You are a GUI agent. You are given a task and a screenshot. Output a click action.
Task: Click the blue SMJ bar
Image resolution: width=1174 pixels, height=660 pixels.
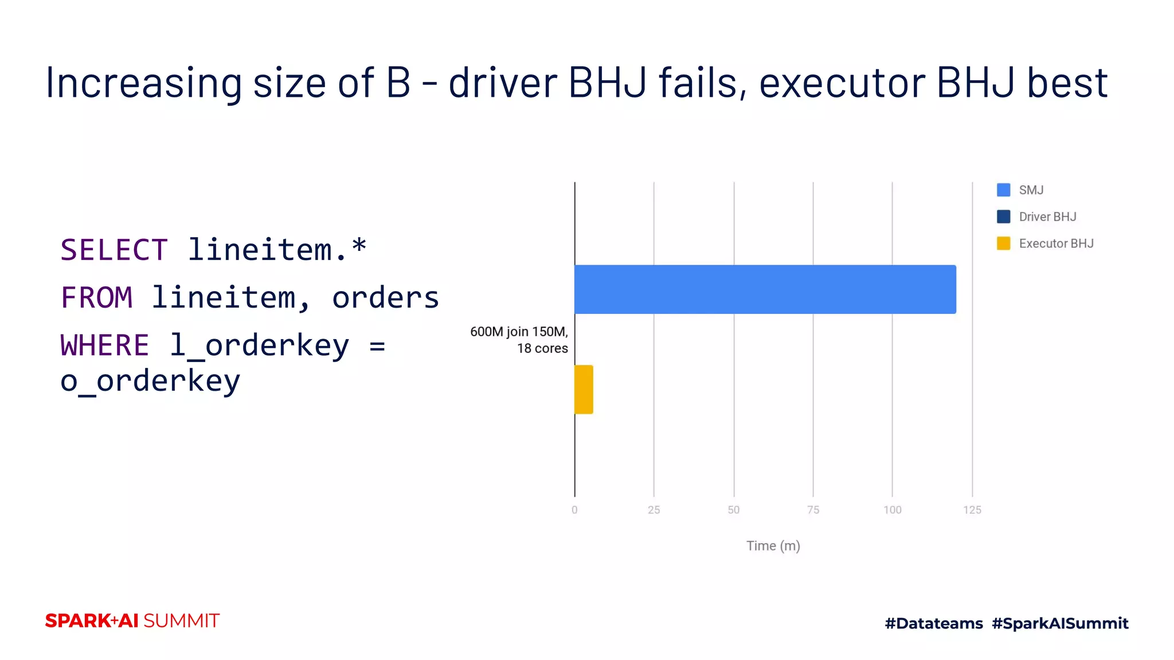point(765,289)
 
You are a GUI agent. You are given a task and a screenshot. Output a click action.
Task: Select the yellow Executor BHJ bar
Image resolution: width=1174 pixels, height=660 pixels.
point(584,390)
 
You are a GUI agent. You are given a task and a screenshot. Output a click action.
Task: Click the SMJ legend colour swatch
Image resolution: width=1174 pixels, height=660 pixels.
point(1003,190)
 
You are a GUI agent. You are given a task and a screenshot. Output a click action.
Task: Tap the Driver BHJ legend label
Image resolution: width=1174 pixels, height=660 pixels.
point(1047,217)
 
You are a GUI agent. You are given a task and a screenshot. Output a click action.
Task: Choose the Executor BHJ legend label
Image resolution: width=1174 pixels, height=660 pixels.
point(1056,244)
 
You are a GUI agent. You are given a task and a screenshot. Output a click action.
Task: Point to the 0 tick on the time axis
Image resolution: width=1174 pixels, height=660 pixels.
point(574,510)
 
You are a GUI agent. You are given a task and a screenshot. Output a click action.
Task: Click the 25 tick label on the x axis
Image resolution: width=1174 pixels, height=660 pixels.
point(653,510)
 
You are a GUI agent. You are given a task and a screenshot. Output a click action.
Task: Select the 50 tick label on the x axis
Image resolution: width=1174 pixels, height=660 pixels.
point(733,510)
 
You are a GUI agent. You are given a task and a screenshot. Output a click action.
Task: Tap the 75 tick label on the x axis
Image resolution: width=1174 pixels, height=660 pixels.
point(813,510)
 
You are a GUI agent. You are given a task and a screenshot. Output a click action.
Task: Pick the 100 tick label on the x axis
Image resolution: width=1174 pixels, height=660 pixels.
point(892,510)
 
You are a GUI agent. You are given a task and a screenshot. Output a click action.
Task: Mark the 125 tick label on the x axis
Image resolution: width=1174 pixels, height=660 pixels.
point(972,510)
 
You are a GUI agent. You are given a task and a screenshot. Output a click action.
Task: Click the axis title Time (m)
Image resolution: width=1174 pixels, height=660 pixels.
point(773,546)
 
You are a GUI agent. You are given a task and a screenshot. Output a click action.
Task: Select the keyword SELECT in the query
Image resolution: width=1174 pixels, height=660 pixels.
point(114,250)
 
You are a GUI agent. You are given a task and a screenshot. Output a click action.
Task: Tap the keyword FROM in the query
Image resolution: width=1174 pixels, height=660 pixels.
point(96,298)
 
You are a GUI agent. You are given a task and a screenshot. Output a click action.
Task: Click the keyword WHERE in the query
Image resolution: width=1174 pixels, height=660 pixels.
point(104,345)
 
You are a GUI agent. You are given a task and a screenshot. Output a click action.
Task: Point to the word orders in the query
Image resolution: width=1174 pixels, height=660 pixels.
point(385,298)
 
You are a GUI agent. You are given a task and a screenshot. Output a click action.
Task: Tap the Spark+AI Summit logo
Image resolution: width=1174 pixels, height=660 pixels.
point(132,621)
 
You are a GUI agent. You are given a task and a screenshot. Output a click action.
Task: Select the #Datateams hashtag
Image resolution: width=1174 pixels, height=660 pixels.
point(934,623)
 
